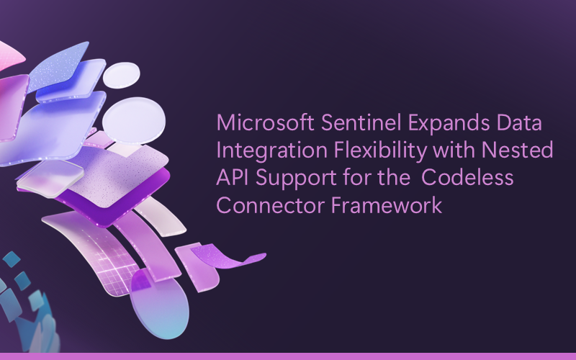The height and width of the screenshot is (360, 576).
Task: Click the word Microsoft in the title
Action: (x=265, y=122)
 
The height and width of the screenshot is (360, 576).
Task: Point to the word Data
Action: (x=519, y=122)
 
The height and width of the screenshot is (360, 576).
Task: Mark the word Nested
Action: (x=517, y=150)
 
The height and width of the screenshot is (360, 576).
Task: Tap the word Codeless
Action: (x=467, y=177)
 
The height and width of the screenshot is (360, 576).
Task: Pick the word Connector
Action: (x=271, y=205)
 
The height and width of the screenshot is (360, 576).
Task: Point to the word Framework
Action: (x=387, y=205)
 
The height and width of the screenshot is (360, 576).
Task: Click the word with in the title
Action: (x=454, y=150)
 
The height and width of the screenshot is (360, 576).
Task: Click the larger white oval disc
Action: (x=134, y=120)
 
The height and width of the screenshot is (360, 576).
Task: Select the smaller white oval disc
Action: (x=121, y=75)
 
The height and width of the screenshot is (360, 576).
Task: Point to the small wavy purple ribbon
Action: (x=228, y=256)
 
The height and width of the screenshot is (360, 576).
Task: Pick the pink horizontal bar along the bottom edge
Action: (x=288, y=356)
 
